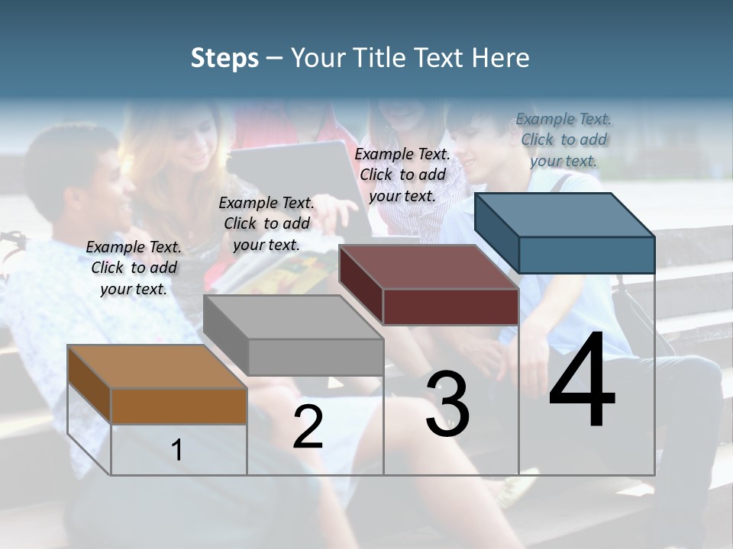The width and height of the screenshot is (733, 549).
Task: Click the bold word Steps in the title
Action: tap(224, 59)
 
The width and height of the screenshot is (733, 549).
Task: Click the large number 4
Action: tap(582, 381)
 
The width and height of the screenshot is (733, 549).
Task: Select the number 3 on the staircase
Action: tap(447, 404)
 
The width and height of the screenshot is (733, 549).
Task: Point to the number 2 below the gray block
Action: tap(308, 427)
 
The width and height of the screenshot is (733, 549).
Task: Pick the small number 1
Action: tap(176, 450)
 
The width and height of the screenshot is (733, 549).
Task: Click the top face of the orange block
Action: tap(157, 367)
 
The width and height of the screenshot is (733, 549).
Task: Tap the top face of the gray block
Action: tap(293, 317)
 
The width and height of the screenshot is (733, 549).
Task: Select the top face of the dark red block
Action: tap(428, 267)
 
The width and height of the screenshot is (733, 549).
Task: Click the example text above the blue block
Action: tap(563, 140)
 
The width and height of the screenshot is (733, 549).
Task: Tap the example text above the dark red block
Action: tap(402, 175)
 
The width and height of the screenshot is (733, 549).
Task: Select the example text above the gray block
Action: tap(266, 223)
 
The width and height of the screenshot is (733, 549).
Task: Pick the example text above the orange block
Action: tap(134, 268)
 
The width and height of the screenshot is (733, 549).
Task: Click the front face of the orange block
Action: tap(179, 406)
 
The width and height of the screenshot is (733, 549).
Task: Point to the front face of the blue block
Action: tap(586, 255)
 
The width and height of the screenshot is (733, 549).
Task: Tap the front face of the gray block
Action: tap(315, 357)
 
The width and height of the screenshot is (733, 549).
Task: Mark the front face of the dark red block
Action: tap(450, 307)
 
